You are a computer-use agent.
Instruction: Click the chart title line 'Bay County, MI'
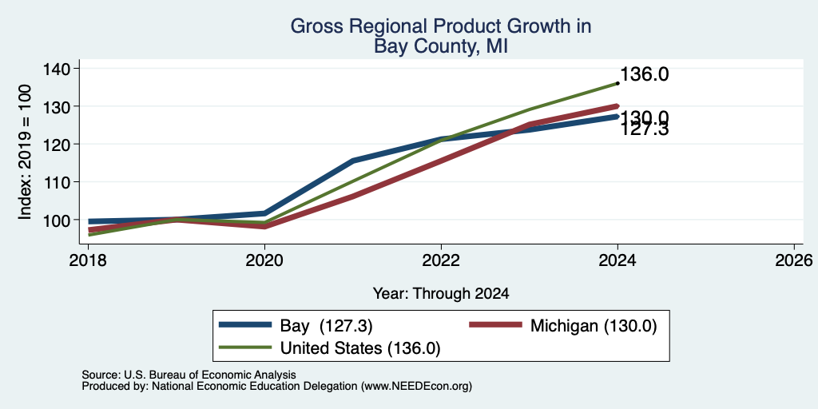440,46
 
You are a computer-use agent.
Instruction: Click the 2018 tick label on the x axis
88,260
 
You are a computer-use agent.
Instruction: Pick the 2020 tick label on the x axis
264,260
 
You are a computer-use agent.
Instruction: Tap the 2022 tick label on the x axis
441,260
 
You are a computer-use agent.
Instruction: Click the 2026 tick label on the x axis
794,260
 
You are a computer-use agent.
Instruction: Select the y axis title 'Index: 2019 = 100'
25,152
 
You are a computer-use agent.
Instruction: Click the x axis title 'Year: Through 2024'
441,294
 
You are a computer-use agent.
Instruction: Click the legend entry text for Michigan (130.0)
594,326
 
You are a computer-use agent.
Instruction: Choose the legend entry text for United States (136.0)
360,348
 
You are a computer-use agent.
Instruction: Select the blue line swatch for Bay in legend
245,325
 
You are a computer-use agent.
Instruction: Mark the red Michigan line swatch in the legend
495,325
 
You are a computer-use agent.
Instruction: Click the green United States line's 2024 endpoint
617,83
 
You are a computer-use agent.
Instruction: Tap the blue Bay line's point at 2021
353,161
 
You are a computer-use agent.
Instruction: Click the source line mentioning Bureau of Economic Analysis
189,375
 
